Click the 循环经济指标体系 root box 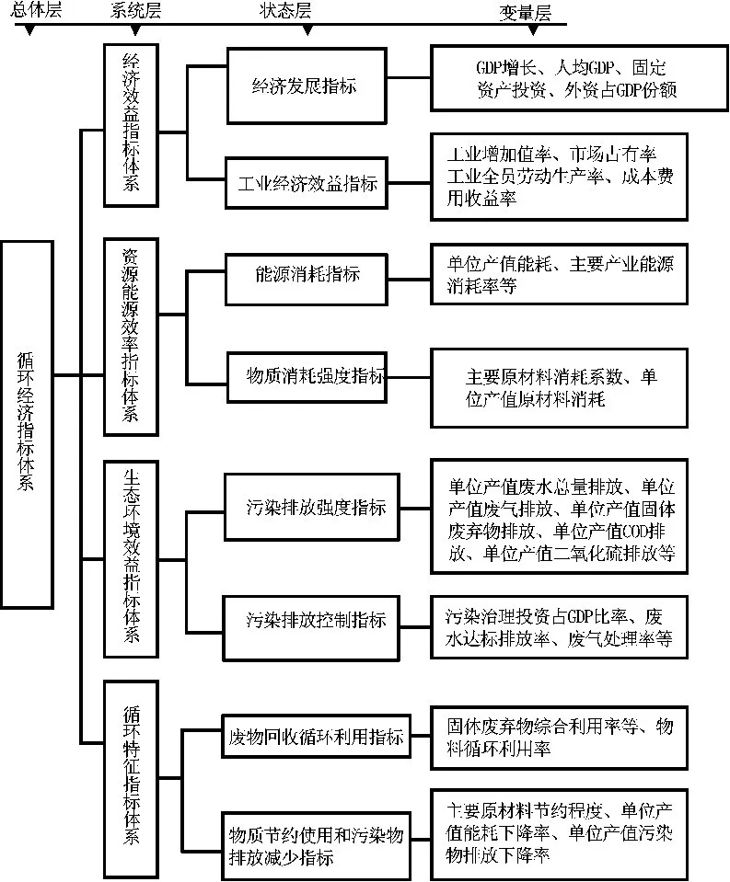click(x=26, y=423)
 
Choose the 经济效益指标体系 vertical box click(x=131, y=123)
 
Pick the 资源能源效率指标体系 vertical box click(x=131, y=337)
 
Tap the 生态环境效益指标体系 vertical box click(x=131, y=558)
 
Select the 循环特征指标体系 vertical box click(x=131, y=778)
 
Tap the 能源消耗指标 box click(x=306, y=274)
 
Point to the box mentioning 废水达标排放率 click(x=559, y=626)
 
